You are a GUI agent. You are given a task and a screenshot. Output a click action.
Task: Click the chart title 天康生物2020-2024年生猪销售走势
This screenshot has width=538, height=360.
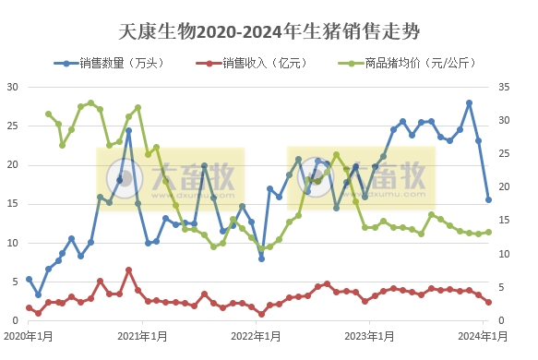[x=269, y=32]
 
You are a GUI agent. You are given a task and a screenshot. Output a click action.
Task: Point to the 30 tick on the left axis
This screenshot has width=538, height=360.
[x=13, y=88]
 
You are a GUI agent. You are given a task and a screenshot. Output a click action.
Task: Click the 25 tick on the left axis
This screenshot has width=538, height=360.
[x=13, y=126]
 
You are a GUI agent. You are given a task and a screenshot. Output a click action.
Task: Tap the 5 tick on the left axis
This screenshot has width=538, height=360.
[x=16, y=282]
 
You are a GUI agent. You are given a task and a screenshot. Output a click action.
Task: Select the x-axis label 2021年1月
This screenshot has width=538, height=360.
[x=143, y=335]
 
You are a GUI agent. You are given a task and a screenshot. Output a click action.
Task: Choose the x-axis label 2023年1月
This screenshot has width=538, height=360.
[x=373, y=335]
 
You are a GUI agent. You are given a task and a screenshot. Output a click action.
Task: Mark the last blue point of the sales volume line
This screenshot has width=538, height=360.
[x=488, y=199]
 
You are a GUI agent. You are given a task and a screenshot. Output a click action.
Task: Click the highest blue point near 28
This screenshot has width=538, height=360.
[x=469, y=102]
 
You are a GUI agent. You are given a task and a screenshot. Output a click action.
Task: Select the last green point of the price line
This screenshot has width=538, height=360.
[x=488, y=233]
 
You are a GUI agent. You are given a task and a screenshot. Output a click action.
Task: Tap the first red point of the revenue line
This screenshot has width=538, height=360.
[x=29, y=307]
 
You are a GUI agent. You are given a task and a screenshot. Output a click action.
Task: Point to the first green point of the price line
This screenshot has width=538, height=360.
[x=48, y=114]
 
